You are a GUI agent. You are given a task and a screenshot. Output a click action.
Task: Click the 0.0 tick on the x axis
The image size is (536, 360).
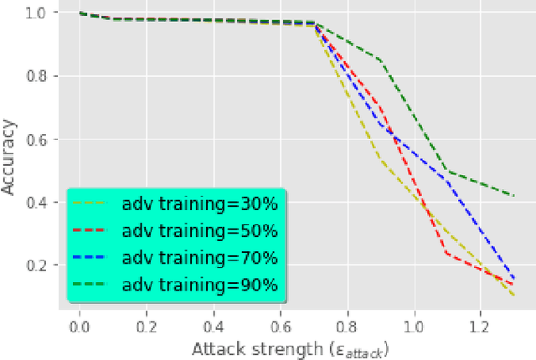click(80, 322)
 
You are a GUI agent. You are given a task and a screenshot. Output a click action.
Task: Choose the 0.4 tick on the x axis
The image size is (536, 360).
click(213, 322)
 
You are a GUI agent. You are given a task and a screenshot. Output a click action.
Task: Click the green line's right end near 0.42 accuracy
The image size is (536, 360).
click(513, 196)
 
